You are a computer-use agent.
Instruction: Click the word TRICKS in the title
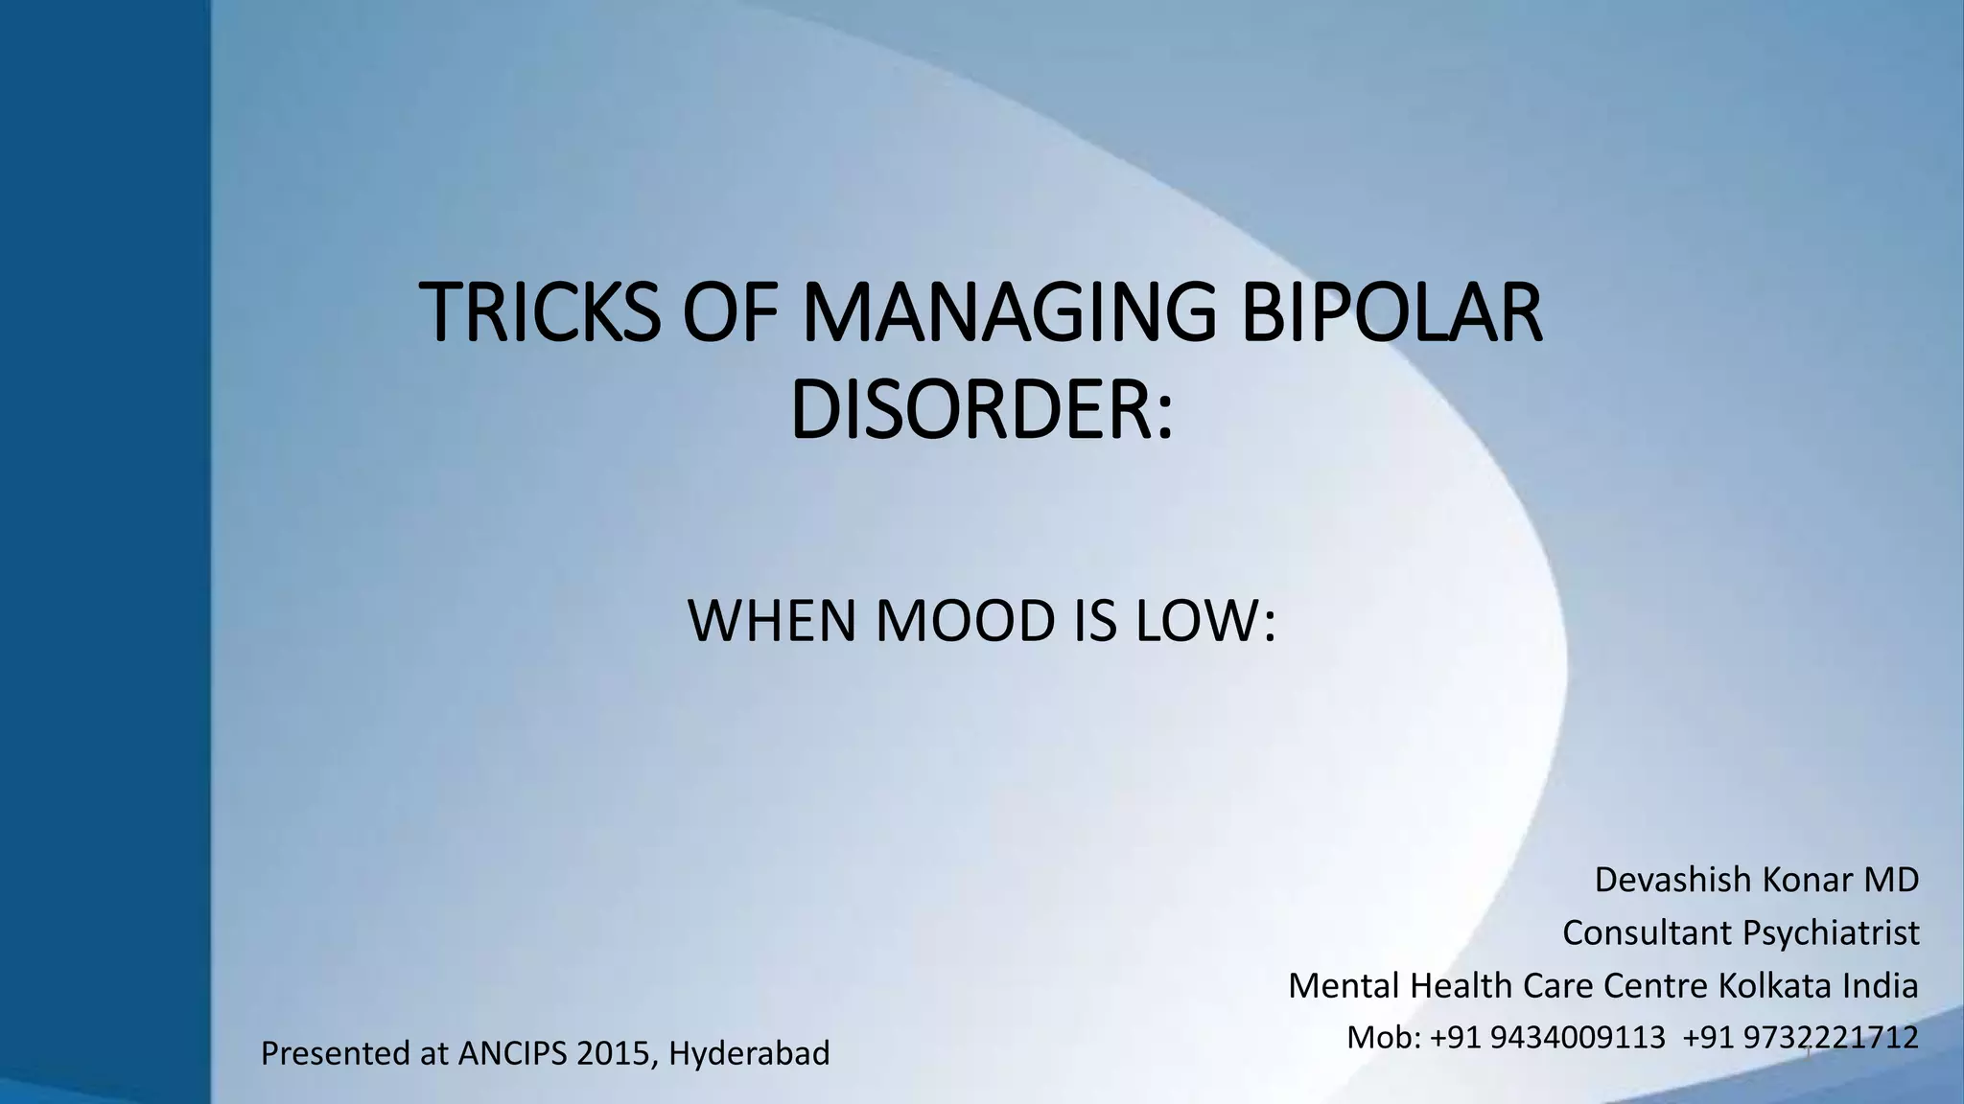click(x=541, y=312)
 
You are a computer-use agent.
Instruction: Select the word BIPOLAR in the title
click(x=1391, y=312)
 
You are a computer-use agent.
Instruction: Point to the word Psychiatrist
click(x=1831, y=932)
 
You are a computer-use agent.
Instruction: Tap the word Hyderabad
click(x=749, y=1053)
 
